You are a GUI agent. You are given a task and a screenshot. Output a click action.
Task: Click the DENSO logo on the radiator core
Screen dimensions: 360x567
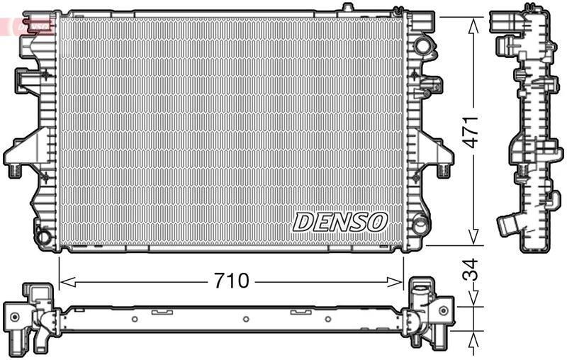[340, 221]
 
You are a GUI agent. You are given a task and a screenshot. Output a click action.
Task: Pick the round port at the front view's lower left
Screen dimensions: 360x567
[44, 235]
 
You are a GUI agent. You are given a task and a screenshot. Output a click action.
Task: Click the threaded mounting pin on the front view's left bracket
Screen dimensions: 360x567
[14, 169]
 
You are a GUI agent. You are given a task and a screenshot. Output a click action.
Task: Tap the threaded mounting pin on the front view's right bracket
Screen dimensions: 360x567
[442, 169]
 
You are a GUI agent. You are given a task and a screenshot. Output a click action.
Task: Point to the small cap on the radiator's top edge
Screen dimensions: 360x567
[347, 8]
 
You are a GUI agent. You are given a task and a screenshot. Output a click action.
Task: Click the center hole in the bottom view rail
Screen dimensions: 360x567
[245, 319]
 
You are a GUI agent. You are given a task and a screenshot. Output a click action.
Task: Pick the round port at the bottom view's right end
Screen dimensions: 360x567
[443, 310]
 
